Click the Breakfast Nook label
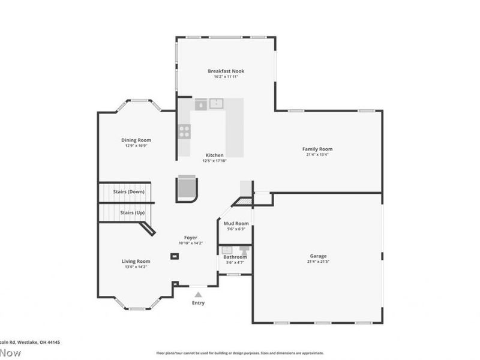pyautogui.click(x=226, y=71)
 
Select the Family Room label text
pyautogui.click(x=317, y=149)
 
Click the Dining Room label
pyautogui.click(x=136, y=140)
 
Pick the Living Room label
pyautogui.click(x=136, y=261)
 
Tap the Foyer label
pyautogui.click(x=191, y=238)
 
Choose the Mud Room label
pyautogui.click(x=236, y=223)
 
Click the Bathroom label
pyautogui.click(x=235, y=257)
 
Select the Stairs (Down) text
pyautogui.click(x=128, y=191)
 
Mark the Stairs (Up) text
pyautogui.click(x=132, y=212)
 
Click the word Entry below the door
pyautogui.click(x=198, y=303)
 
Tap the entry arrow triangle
pyautogui.click(x=198, y=294)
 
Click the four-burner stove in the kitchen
pyautogui.click(x=184, y=131)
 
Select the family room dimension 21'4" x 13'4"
pyautogui.click(x=317, y=155)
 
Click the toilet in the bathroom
pyautogui.click(x=244, y=249)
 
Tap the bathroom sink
pyautogui.click(x=227, y=250)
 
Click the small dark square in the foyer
pyautogui.click(x=174, y=256)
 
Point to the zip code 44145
pyautogui.click(x=53, y=342)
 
